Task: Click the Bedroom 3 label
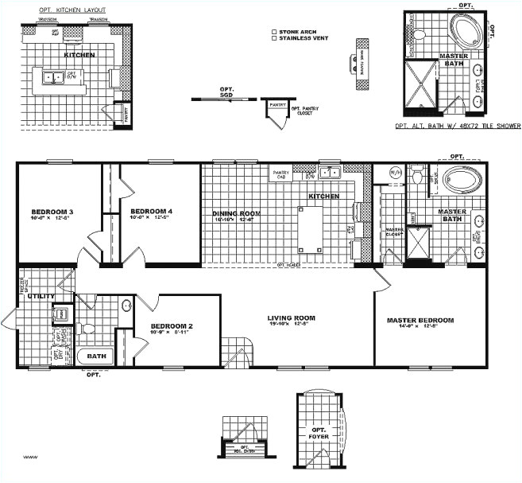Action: tap(47, 212)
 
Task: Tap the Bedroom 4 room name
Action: tap(147, 211)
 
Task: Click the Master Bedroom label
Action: tap(420, 321)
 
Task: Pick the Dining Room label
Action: tap(236, 213)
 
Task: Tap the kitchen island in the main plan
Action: tap(310, 228)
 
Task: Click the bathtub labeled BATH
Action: tap(96, 356)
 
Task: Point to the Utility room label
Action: tap(41, 296)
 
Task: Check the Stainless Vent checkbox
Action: tap(274, 37)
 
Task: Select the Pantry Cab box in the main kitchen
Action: tap(281, 174)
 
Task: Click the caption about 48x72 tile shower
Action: tap(458, 126)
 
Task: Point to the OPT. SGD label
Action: tap(226, 92)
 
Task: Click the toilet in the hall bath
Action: tap(88, 328)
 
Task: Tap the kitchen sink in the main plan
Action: tap(329, 172)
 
